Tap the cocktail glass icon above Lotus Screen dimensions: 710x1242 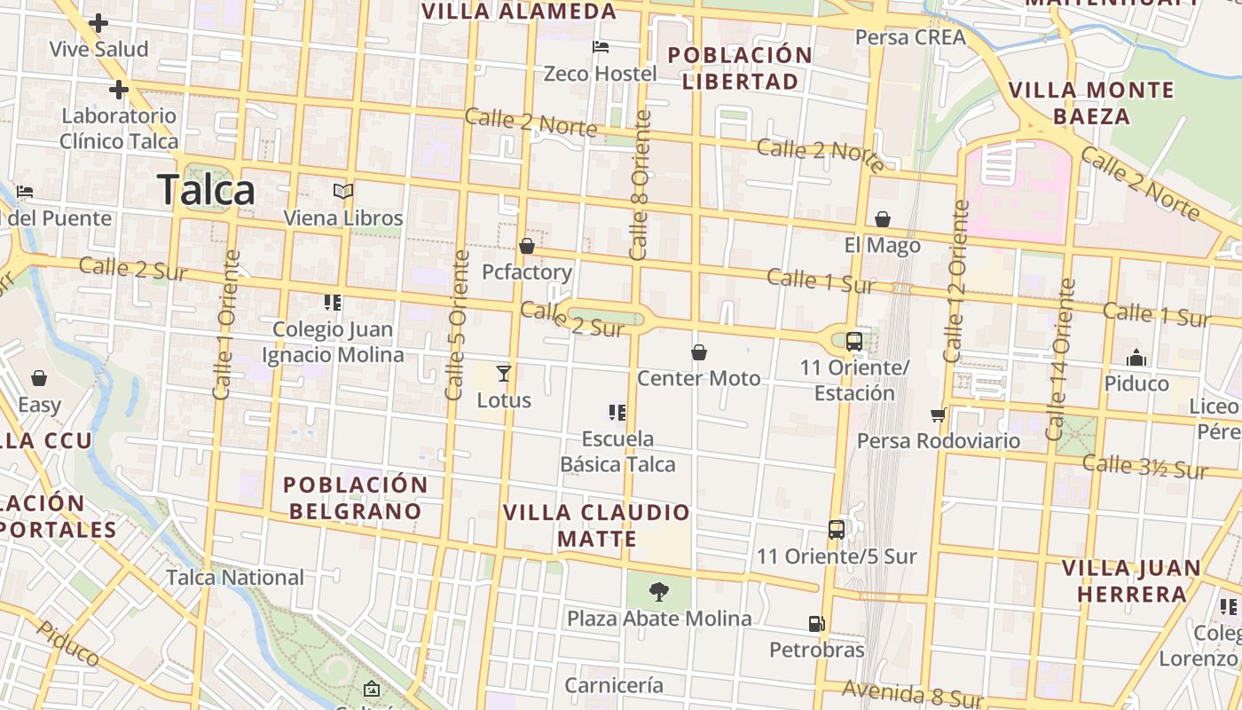[504, 373]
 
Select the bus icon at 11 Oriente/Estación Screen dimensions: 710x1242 [853, 341]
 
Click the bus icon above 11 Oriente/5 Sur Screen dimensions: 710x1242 [836, 530]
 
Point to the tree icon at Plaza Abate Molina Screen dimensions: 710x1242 [658, 591]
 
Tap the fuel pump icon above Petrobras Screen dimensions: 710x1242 [816, 624]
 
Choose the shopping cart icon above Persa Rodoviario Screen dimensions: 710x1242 [938, 414]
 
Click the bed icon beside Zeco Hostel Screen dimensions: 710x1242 [601, 46]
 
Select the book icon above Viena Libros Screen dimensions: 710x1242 [343, 191]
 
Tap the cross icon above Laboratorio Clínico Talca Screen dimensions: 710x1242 [119, 90]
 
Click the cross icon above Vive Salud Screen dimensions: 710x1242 [98, 23]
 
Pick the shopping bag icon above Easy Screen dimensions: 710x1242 [39, 379]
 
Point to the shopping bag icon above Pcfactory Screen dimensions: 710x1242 [527, 246]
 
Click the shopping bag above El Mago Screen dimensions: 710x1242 [883, 219]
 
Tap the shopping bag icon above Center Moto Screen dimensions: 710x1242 [699, 352]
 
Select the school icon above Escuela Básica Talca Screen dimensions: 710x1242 [617, 412]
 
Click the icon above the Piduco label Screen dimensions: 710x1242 [1136, 358]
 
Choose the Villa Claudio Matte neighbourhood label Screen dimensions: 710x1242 [596, 525]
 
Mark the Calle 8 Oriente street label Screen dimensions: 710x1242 [640, 185]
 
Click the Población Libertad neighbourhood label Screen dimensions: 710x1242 [740, 68]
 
